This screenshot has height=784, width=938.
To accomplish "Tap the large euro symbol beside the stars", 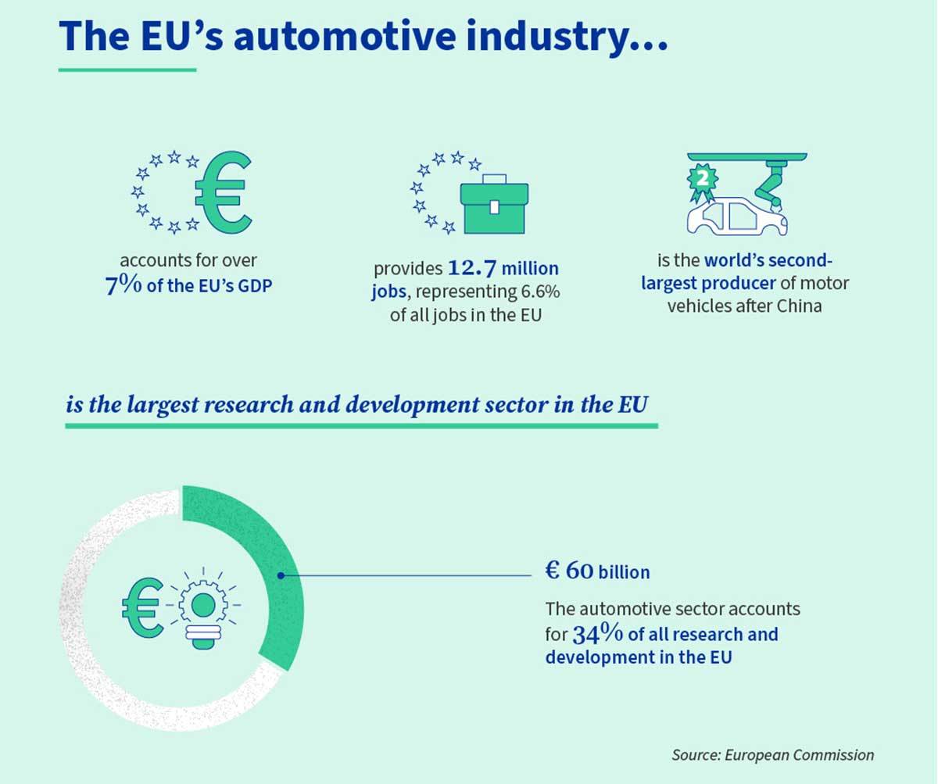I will click(x=222, y=191).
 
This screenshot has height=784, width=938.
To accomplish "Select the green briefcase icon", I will click(x=496, y=207).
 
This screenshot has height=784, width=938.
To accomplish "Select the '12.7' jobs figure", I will click(x=471, y=269).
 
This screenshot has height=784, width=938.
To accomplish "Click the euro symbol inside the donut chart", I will click(x=141, y=607).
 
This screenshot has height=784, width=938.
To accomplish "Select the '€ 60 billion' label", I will click(x=597, y=571).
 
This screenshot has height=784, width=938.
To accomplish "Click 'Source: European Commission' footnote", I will click(x=772, y=754).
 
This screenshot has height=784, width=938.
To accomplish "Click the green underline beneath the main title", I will click(x=127, y=70).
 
